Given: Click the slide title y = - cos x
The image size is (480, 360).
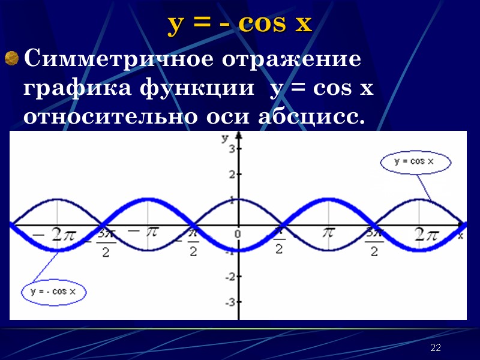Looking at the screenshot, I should [x=240, y=24].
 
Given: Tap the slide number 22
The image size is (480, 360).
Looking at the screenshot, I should [x=436, y=349].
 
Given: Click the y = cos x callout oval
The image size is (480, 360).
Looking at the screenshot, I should [x=416, y=162].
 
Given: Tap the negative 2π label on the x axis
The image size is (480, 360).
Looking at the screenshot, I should [x=56, y=234].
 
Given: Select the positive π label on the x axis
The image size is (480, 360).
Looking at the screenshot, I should [x=328, y=232].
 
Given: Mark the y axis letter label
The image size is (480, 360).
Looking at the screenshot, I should [x=224, y=139].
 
